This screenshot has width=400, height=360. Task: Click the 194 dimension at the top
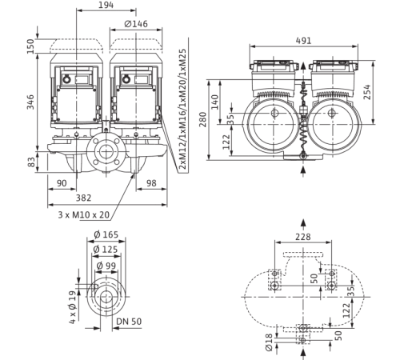tap(106, 5)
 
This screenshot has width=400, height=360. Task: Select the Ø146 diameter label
tap(136, 24)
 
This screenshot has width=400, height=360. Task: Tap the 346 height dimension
tap(30, 102)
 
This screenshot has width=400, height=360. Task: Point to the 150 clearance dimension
tap(30, 46)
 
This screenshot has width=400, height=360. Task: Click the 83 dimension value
tap(31, 162)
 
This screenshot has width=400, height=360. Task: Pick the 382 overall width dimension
tap(83, 198)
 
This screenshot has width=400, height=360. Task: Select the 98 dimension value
tap(151, 183)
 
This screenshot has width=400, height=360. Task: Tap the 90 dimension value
tap(62, 183)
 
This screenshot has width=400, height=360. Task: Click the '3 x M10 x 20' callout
tap(84, 214)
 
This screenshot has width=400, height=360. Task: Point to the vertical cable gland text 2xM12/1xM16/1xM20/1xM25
tap(183, 109)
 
